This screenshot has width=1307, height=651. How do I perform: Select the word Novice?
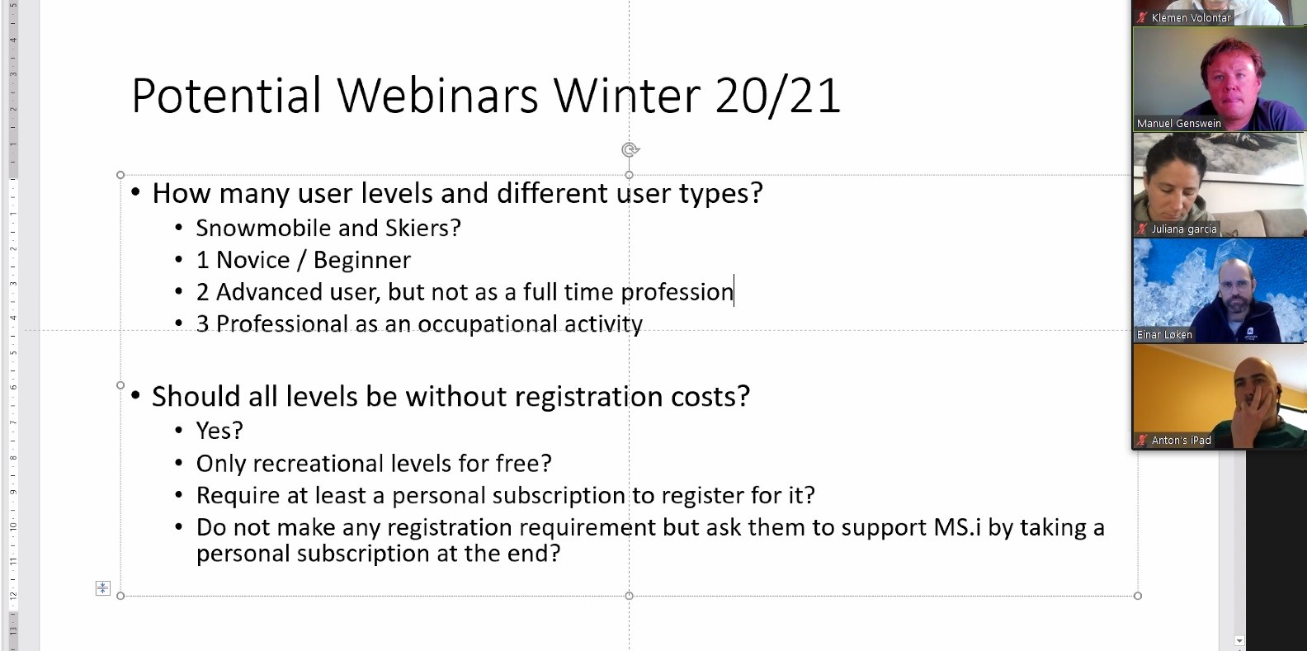pyautogui.click(x=252, y=260)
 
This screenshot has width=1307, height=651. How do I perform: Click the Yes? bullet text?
pyautogui.click(x=219, y=431)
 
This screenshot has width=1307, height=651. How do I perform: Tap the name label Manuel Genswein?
pyautogui.click(x=1178, y=124)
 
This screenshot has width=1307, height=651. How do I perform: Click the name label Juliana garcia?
pyautogui.click(x=1184, y=229)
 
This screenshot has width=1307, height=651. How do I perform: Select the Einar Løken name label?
pyautogui.click(x=1164, y=335)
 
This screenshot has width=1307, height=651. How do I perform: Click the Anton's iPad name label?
pyautogui.click(x=1181, y=441)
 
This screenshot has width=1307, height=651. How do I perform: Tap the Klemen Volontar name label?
pyautogui.click(x=1191, y=18)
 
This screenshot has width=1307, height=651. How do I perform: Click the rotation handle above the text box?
pyautogui.click(x=630, y=150)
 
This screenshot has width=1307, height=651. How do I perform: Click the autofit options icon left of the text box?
pyautogui.click(x=102, y=588)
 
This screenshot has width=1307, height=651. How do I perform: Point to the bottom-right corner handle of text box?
pyautogui.click(x=1138, y=596)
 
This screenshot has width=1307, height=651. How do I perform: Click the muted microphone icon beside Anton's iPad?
pyautogui.click(x=1142, y=441)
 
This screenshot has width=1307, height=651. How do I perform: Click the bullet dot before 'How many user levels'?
pyautogui.click(x=136, y=191)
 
